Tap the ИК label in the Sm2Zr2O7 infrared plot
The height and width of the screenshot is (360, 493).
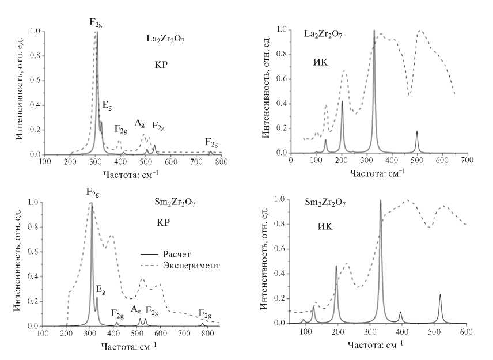(325, 226)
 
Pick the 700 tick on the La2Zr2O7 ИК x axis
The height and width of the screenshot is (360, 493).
(467, 159)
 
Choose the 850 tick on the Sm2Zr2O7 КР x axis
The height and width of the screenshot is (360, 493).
(219, 333)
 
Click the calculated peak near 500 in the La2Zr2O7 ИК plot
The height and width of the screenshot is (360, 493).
(417, 132)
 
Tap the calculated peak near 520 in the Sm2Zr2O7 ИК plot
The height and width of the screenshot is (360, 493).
(440, 295)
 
